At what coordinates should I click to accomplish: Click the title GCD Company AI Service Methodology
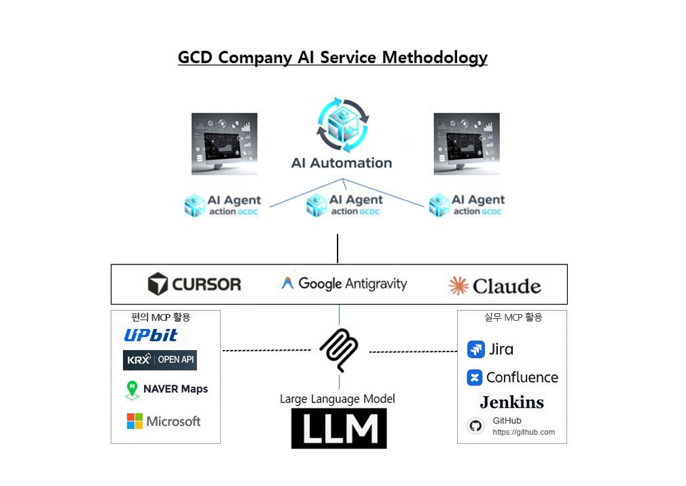tap(332, 57)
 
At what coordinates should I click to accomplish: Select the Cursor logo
tap(194, 283)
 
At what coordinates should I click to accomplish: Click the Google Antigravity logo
tap(344, 283)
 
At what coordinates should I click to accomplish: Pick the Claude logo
tap(494, 285)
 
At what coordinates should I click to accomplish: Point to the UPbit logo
tap(151, 334)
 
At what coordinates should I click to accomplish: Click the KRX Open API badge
tap(160, 360)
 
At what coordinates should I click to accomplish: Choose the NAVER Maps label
tap(175, 389)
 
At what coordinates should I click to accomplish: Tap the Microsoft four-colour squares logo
tap(134, 421)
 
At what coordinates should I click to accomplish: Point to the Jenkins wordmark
tap(511, 402)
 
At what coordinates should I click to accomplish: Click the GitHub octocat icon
tap(475, 426)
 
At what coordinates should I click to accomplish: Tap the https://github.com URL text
tap(524, 432)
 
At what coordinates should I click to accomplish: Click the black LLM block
tap(338, 428)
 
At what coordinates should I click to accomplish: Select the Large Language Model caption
tap(337, 399)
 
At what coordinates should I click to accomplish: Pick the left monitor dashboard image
tap(224, 144)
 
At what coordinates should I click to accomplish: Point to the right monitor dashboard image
tap(467, 144)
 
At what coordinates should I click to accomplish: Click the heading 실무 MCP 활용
tap(513, 317)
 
